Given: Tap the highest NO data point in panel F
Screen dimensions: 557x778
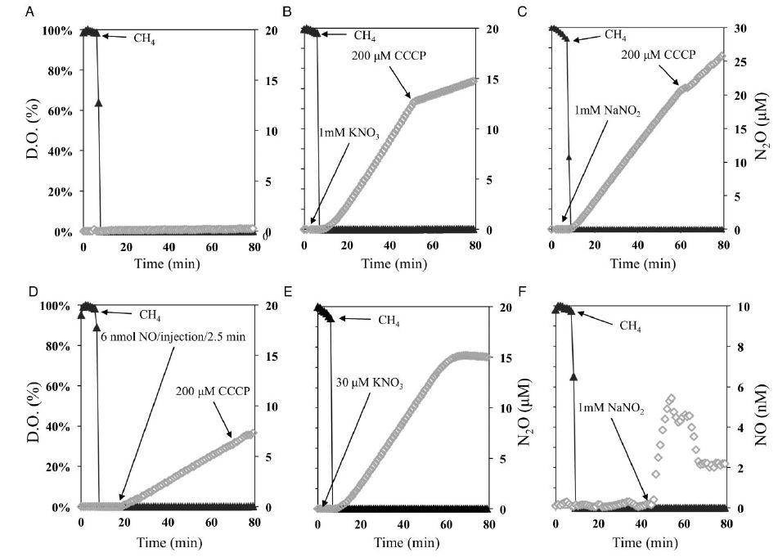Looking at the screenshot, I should pos(671,398).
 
